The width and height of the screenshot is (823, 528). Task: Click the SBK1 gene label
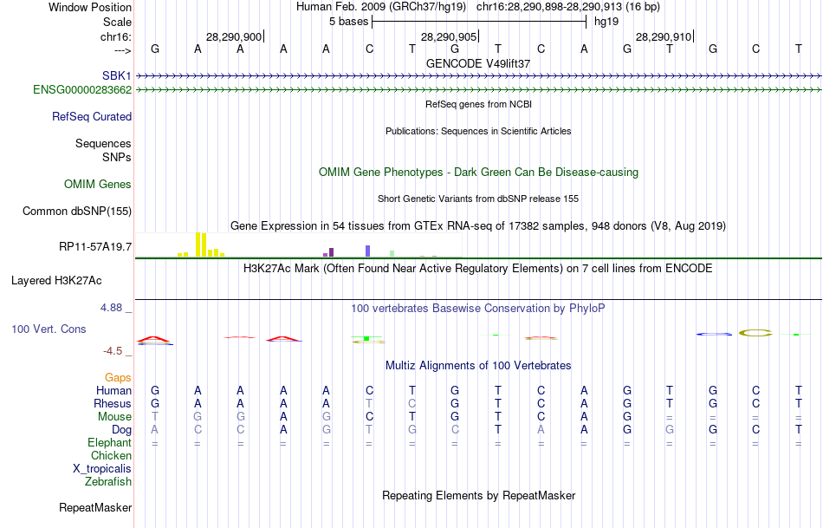(117, 76)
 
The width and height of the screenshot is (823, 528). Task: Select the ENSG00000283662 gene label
(82, 89)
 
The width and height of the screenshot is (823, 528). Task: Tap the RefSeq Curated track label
(92, 116)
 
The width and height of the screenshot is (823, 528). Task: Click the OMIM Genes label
(98, 184)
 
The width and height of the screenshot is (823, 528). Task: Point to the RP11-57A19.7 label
(95, 247)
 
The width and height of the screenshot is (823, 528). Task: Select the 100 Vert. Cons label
(49, 329)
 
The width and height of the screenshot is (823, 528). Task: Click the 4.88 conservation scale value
(113, 308)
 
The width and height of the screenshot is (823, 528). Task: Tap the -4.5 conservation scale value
(113, 351)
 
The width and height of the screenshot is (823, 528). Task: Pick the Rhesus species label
(113, 403)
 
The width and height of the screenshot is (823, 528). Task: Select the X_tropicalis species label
(102, 468)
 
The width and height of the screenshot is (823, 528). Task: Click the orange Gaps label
(118, 377)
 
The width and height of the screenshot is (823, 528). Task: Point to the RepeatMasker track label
(95, 507)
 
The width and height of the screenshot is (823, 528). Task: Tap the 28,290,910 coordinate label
(664, 36)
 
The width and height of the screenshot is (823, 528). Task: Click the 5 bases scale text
(348, 21)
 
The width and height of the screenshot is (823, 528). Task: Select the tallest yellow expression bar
(198, 244)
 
